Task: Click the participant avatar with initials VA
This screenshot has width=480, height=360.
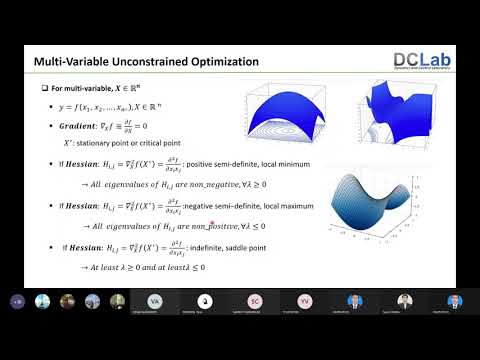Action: pyautogui.click(x=153, y=301)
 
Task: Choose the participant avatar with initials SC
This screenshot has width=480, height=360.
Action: pyautogui.click(x=255, y=301)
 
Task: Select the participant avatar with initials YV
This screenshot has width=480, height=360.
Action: pyautogui.click(x=304, y=301)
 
